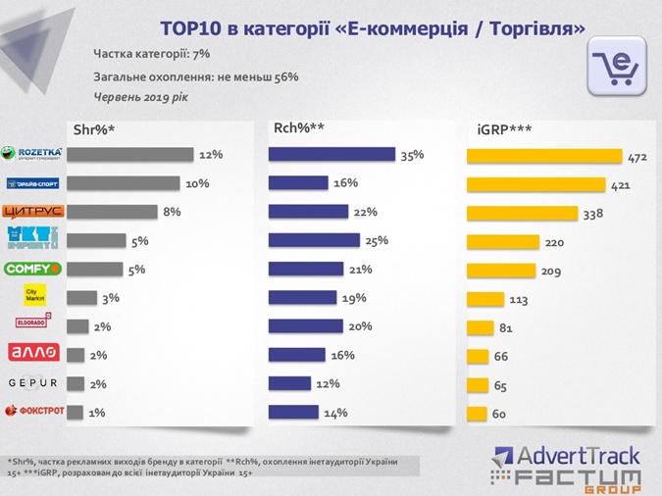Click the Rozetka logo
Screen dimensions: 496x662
(34, 154)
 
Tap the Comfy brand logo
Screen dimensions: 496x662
(34, 269)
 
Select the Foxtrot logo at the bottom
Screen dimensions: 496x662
(34, 411)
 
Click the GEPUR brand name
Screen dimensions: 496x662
(34, 382)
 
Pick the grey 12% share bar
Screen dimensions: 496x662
(133, 155)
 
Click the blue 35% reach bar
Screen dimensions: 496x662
(331, 155)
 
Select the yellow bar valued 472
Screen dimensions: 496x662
(544, 156)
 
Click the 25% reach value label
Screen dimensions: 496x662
(377, 240)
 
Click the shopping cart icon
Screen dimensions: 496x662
(617, 67)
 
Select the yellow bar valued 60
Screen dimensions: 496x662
(476, 414)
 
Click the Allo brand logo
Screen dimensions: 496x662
(34, 353)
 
